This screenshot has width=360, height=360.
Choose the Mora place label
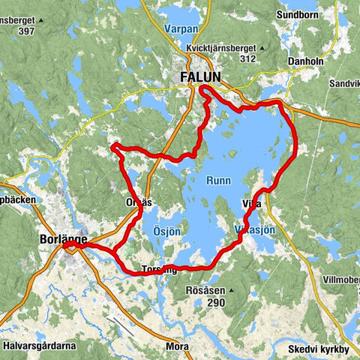(x=176, y=347)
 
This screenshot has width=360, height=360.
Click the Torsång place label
(x=159, y=268)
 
